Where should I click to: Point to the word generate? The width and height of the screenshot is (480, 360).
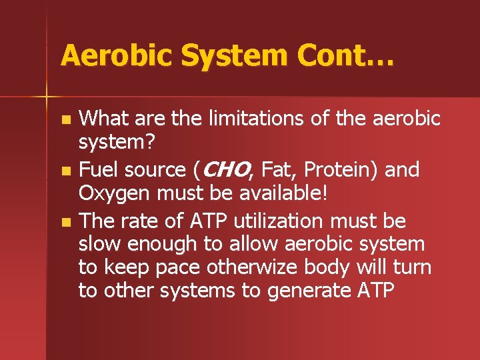311,291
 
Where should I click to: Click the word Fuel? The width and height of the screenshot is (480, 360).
97,170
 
